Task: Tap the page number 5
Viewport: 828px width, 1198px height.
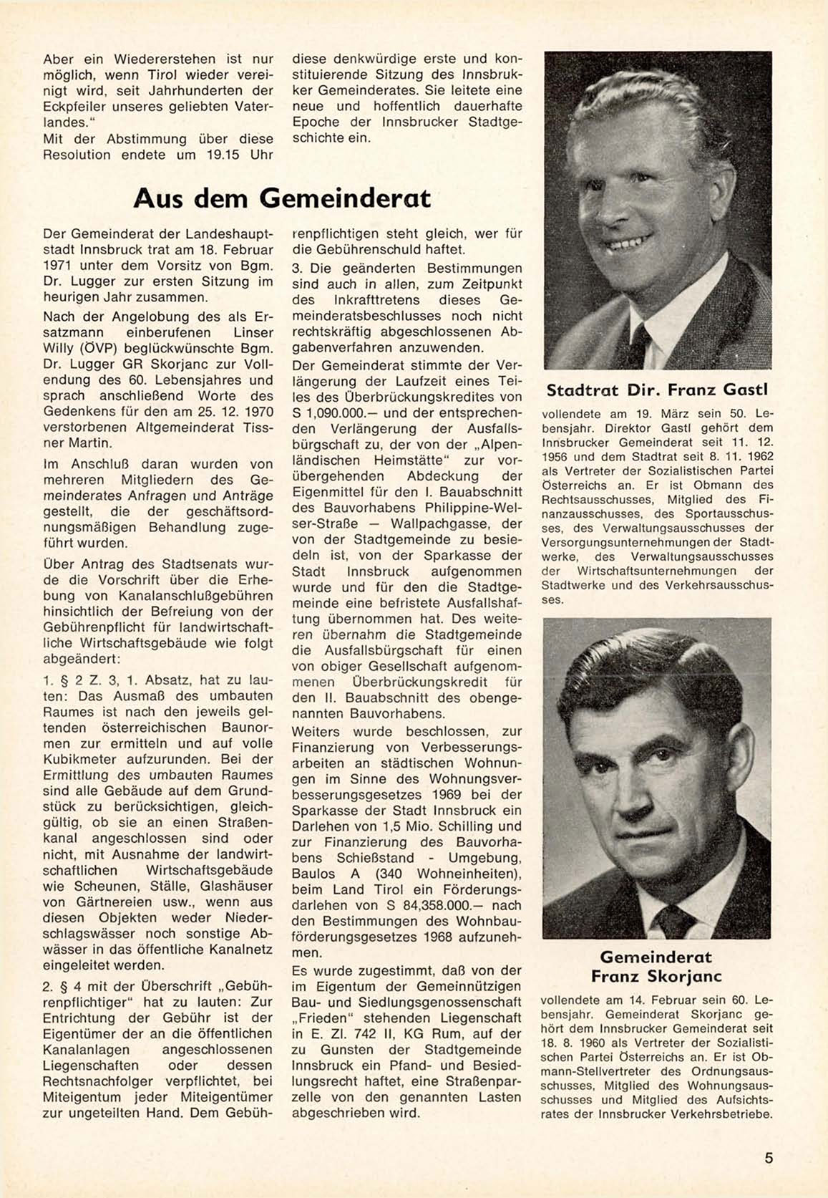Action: (769, 1158)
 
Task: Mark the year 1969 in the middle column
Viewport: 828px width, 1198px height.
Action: (451, 794)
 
